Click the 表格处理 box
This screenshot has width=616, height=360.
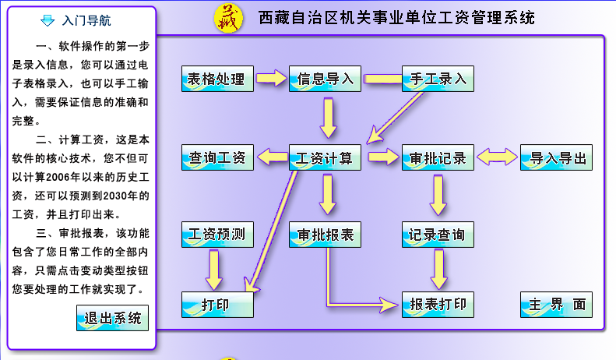pyautogui.click(x=217, y=79)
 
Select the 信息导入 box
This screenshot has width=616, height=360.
pyautogui.click(x=326, y=79)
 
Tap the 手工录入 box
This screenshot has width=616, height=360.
pyautogui.click(x=438, y=79)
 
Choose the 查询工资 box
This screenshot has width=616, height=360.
pyautogui.click(x=217, y=158)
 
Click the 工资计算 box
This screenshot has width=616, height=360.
pyautogui.click(x=326, y=158)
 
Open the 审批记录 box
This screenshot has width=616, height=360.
pyautogui.click(x=438, y=158)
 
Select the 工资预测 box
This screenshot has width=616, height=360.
pyautogui.click(x=217, y=234)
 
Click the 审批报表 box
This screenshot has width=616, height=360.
pyautogui.click(x=326, y=234)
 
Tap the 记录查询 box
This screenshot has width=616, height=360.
pyautogui.click(x=438, y=234)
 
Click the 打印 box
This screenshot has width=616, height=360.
pyautogui.click(x=217, y=304)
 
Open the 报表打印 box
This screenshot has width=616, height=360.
pyautogui.click(x=438, y=304)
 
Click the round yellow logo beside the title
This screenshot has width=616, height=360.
pyautogui.click(x=228, y=17)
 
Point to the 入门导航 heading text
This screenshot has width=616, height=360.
pyautogui.click(x=87, y=20)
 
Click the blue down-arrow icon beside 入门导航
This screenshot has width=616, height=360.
pyautogui.click(x=48, y=20)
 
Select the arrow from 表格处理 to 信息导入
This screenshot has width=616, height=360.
pyautogui.click(x=271, y=78)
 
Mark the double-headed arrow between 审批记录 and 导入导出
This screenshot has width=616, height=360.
pyautogui.click(x=497, y=157)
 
